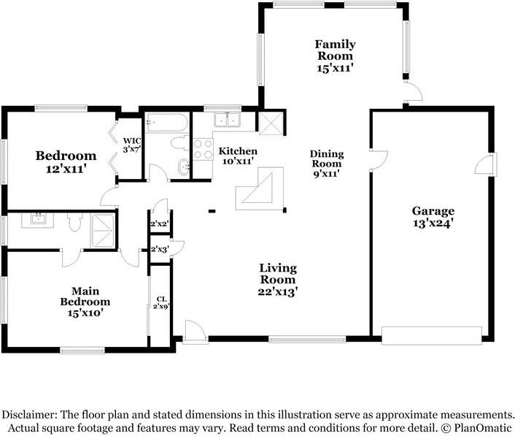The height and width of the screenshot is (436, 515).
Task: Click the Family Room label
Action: pos(335,50)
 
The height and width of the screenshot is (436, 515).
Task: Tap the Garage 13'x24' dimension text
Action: pos(433,223)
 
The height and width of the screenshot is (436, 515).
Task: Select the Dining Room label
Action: pos(327,158)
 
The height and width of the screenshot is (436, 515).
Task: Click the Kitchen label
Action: pos(238,151)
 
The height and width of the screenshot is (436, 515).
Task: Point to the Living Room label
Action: pos(278,274)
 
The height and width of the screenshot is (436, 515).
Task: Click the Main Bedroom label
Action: pos(85,297)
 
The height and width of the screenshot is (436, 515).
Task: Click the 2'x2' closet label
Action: pos(160,224)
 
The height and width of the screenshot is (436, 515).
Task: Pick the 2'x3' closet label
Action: pos(160,249)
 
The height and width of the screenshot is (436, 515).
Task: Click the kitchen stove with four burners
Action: pos(203,149)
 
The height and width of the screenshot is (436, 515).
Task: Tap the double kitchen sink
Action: pos(227,120)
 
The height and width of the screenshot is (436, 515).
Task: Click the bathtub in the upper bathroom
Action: pos(166,122)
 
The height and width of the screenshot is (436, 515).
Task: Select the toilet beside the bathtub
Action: pos(180,143)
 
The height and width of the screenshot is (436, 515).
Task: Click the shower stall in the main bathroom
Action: pos(103,231)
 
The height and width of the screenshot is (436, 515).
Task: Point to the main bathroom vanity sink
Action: pos(38,218)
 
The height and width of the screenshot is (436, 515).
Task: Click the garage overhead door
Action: pos(432,335)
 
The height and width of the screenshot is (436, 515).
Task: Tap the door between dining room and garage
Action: pos(379,161)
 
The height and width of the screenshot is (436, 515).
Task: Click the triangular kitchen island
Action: pos(260,188)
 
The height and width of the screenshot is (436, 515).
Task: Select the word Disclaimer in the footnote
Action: pos(29,415)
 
